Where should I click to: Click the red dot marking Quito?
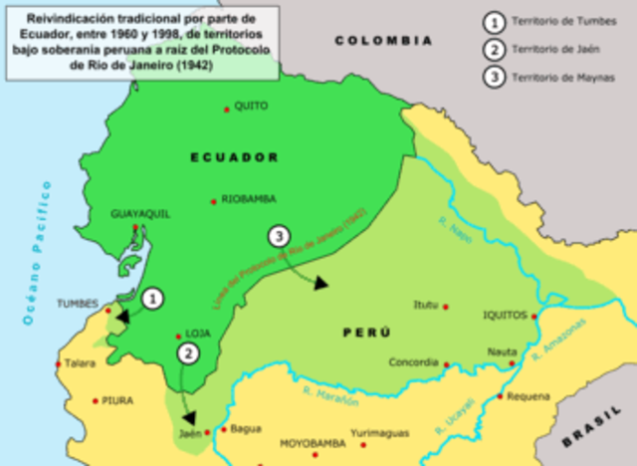(228, 107)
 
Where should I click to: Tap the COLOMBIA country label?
(383, 41)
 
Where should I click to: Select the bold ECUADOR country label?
(235, 157)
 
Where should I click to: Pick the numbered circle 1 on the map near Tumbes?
(151, 298)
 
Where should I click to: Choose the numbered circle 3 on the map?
(280, 236)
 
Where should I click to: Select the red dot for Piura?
(96, 401)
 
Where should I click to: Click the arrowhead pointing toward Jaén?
(189, 419)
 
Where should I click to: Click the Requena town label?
(528, 395)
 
